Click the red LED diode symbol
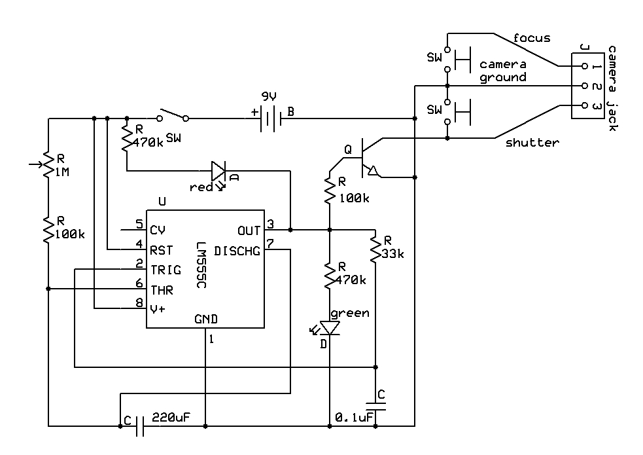coord(218,172)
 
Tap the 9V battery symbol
coord(269,118)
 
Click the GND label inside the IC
coord(206,319)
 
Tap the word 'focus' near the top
coord(532,38)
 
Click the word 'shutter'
coord(532,142)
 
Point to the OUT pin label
coord(249,230)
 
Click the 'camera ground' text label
coord(503,71)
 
